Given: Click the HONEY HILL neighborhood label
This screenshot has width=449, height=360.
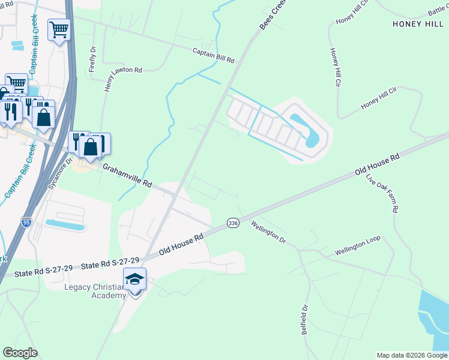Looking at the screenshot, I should click(x=418, y=23).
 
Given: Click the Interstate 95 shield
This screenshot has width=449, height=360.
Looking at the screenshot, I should click(x=26, y=222).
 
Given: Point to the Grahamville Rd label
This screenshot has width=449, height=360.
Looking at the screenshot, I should click(x=127, y=176).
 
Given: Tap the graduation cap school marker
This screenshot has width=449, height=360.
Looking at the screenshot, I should click(x=134, y=279).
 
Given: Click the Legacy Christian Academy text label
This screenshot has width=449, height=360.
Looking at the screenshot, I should click(x=95, y=290).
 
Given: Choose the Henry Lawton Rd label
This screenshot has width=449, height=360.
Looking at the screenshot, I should click(x=122, y=79).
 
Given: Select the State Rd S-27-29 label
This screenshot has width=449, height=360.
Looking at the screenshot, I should click(x=110, y=263).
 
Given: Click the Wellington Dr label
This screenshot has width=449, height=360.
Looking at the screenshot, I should click(x=268, y=232).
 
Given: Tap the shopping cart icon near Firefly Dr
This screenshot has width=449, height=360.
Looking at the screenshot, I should click(x=59, y=29).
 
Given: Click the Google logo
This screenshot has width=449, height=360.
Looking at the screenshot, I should click(x=20, y=353).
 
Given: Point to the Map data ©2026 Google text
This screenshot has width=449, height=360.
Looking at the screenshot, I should click(x=412, y=355).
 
